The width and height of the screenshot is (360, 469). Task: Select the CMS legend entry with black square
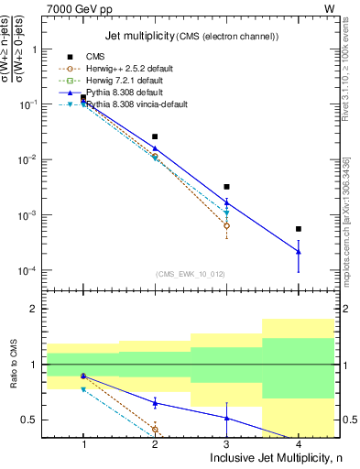(x=96, y=57)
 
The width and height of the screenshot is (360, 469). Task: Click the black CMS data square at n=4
(x=299, y=229)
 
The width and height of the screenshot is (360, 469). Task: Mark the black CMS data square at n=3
(x=226, y=187)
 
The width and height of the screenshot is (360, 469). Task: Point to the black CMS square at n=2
(x=155, y=136)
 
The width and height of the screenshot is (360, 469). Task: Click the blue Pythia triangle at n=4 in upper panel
(x=299, y=251)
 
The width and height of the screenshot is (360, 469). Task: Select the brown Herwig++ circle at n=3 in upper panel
(x=226, y=225)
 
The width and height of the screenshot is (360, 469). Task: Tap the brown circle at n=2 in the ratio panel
(x=155, y=429)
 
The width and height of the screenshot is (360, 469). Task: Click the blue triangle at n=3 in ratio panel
(x=226, y=418)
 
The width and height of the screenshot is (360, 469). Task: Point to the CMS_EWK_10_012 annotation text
(x=191, y=274)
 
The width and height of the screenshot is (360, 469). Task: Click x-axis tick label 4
(x=299, y=445)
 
